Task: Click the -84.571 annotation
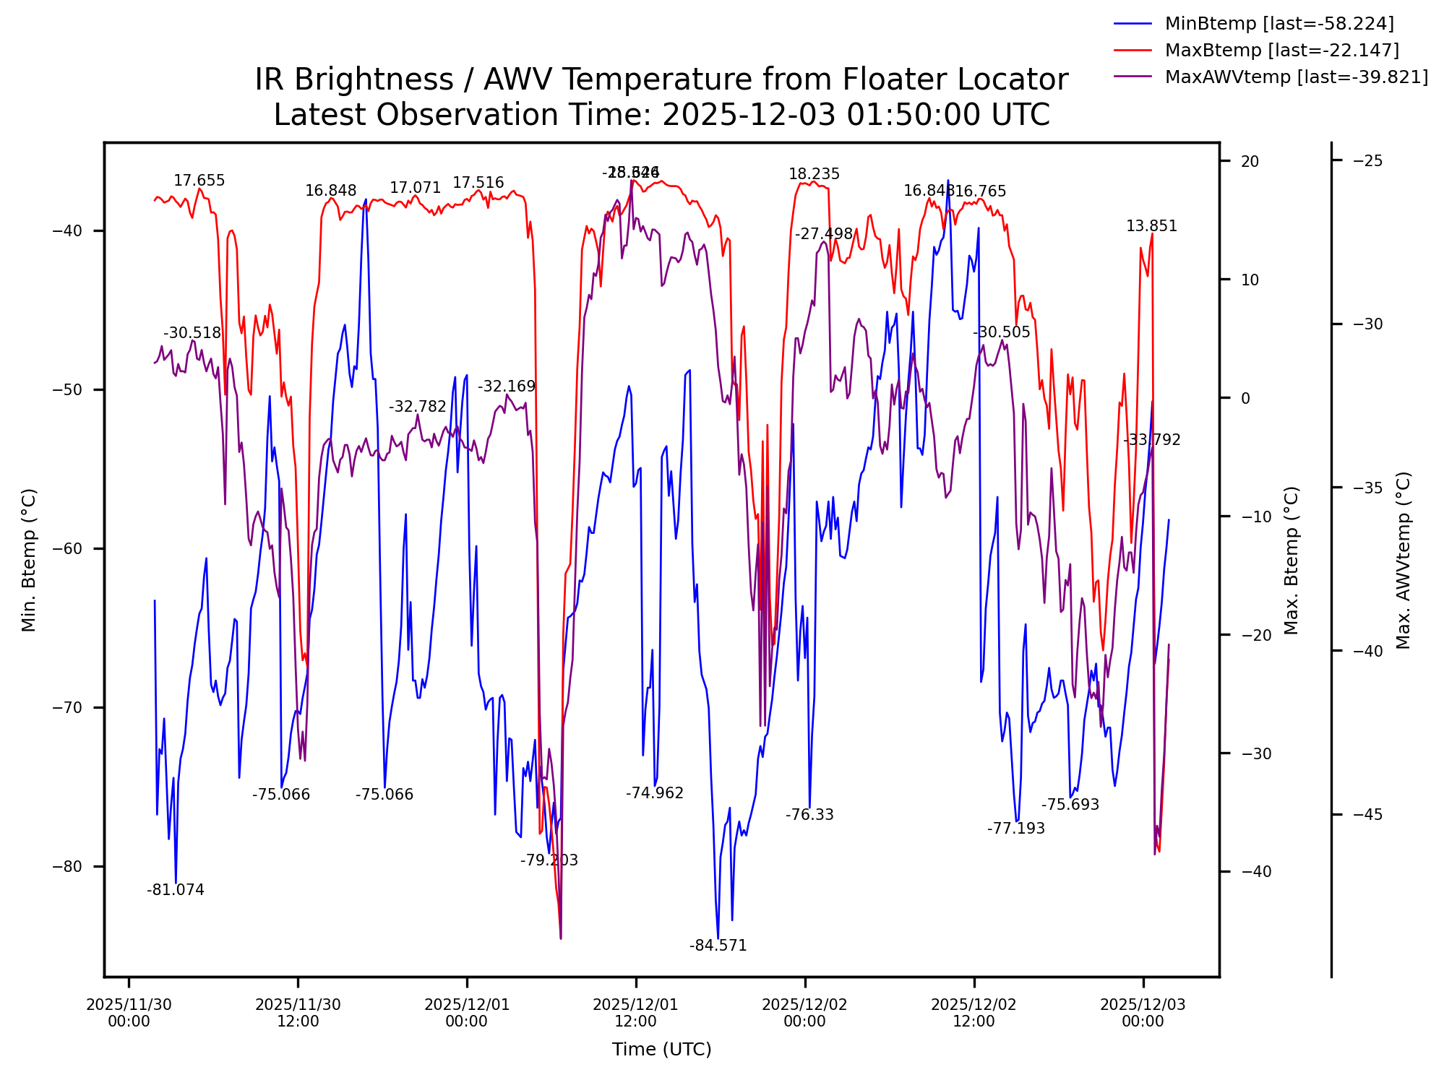718,946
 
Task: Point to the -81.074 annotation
176,890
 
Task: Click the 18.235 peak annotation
814,174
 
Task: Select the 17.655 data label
199,181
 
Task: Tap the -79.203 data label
549,860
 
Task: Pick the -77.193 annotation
1015,829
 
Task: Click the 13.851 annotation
1151,226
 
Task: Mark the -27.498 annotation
824,234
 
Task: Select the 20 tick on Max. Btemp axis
1250,161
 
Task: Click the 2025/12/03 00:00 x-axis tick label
1143,1013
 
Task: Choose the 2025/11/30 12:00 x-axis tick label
298,1013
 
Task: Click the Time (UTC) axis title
661,1049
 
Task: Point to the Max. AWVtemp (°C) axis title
1404,561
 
